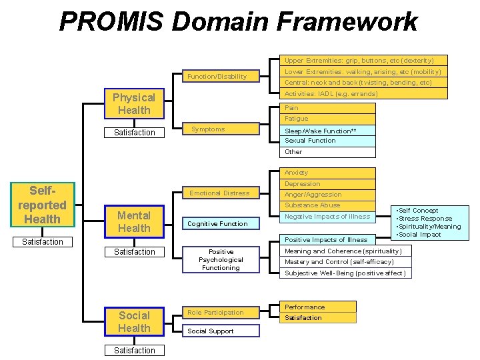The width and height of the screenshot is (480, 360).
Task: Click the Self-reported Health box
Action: pos(42,205)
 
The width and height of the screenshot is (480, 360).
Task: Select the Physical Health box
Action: pos(134,104)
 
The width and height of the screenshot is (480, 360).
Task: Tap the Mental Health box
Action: pos(134,221)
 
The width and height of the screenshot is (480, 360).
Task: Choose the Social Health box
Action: pos(134,321)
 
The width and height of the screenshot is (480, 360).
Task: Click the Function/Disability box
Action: pos(217,77)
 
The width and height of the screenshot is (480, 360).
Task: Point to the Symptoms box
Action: pos(217,129)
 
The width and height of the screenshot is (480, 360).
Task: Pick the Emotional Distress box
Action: pos(219,193)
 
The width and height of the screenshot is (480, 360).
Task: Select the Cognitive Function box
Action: pos(217,224)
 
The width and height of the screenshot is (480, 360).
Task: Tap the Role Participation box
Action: pos(215,312)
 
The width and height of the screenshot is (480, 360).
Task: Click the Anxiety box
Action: pos(327,173)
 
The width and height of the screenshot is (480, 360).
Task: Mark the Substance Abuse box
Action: pos(327,205)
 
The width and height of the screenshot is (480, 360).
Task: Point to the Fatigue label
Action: pos(297,119)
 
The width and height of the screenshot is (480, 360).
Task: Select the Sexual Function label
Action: pos(310,141)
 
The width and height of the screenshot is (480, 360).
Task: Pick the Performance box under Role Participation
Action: pos(317,307)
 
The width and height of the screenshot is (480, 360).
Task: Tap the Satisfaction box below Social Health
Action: pos(134,351)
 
